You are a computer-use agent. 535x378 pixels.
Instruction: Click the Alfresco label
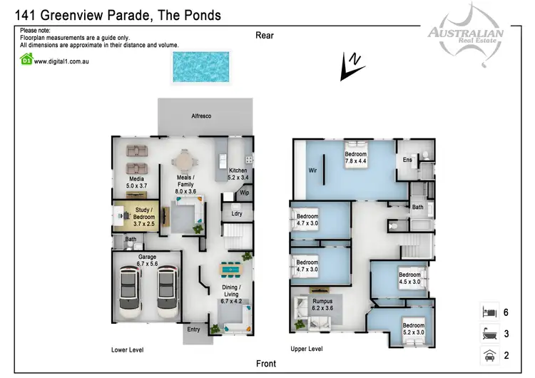click(x=201, y=116)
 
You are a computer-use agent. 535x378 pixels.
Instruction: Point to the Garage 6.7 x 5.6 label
click(x=148, y=260)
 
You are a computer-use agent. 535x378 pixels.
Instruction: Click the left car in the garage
click(x=129, y=285)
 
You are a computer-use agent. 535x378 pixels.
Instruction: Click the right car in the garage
click(x=167, y=285)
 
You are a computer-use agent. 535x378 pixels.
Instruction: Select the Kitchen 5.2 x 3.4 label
click(x=238, y=174)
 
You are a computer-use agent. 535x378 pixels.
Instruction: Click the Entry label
click(x=193, y=330)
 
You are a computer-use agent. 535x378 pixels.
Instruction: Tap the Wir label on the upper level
click(x=312, y=171)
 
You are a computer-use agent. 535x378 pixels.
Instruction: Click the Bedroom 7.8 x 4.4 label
click(x=356, y=158)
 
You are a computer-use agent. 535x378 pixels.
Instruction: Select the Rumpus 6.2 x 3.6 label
click(x=322, y=305)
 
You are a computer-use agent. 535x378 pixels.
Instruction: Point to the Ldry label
click(x=236, y=213)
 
